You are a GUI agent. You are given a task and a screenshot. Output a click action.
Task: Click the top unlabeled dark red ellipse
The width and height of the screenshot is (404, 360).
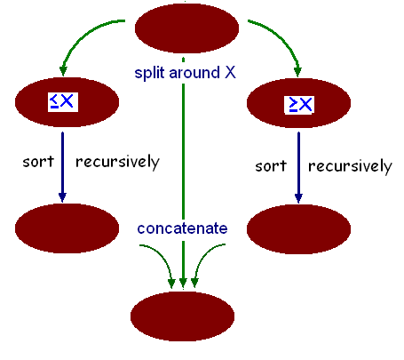tap(186, 28)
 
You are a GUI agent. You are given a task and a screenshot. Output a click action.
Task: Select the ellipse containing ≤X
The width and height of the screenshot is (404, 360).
tap(67, 102)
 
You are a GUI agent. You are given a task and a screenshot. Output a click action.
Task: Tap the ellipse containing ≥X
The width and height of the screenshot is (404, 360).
tap(298, 103)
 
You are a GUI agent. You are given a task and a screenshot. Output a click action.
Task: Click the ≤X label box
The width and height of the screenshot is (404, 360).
tap(63, 102)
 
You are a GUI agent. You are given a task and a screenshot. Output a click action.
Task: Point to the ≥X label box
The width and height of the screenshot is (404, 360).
tap(299, 105)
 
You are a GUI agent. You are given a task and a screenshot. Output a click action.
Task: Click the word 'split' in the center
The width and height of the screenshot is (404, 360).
tap(150, 73)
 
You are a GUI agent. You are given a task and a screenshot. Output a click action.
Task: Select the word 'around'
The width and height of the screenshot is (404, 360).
tap(194, 73)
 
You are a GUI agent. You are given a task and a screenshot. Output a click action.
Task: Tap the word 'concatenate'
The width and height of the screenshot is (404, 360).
tap(182, 228)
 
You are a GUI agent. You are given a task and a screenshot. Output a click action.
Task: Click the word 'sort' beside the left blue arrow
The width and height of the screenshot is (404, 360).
tap(38, 162)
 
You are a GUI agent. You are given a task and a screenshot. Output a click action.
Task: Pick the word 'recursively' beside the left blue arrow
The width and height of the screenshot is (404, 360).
tap(117, 162)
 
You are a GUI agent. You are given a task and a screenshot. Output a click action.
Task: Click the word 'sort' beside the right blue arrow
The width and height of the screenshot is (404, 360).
tap(271, 166)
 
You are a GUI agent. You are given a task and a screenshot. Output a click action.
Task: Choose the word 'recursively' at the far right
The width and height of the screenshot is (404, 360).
tap(350, 166)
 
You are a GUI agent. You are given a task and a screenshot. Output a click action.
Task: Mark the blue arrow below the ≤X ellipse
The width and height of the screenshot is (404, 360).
tap(62, 167)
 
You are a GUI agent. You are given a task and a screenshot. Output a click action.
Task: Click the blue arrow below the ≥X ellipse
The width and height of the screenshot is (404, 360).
tap(298, 168)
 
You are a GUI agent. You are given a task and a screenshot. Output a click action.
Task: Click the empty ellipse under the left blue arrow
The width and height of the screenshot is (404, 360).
tap(67, 228)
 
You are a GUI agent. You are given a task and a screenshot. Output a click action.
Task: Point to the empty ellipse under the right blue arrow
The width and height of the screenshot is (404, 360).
tap(298, 229)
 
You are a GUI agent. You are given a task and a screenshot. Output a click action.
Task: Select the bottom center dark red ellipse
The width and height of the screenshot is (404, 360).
tap(182, 316)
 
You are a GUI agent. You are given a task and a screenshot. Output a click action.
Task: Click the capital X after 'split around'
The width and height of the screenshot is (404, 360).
tap(230, 73)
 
